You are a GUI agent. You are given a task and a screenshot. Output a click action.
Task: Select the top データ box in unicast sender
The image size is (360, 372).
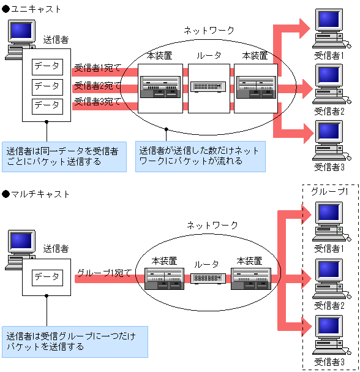click(x=47, y=66)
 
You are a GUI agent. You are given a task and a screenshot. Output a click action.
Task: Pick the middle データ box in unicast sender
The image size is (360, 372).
click(x=47, y=86)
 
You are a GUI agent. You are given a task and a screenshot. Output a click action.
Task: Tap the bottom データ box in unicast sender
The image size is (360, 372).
click(x=47, y=105)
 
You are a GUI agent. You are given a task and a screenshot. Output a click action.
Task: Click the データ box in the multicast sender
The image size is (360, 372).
click(x=47, y=276)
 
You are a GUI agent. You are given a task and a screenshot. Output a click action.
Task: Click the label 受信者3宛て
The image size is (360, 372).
click(x=97, y=101)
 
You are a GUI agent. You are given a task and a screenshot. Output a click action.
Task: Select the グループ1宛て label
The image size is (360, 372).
click(x=104, y=273)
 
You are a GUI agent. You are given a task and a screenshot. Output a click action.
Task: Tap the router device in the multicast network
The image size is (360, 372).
click(x=209, y=278)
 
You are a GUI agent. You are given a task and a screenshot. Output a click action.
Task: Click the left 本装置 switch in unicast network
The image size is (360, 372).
click(x=159, y=87)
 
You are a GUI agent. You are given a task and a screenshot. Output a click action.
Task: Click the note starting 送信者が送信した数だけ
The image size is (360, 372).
click(x=200, y=156)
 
